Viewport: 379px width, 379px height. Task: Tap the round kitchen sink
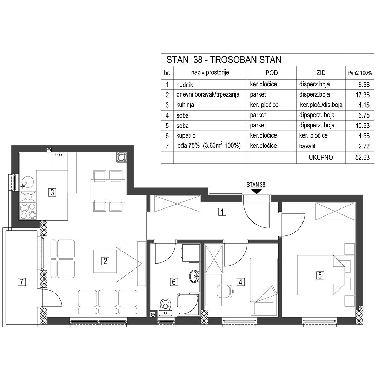pyautogui.click(x=27, y=182)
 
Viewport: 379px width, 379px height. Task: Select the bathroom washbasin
pyautogui.click(x=194, y=276)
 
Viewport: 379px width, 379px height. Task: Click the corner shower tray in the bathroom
pyautogui.click(x=188, y=305)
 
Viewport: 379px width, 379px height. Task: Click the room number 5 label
pyautogui.click(x=320, y=275)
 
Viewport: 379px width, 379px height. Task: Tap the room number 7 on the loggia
pyautogui.click(x=22, y=281)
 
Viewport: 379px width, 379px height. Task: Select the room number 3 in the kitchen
pyautogui.click(x=52, y=192)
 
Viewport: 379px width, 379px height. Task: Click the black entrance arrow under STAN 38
pyautogui.click(x=257, y=191)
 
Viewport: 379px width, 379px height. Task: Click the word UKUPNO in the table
pyautogui.click(x=320, y=158)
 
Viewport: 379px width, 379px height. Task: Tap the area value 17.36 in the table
pyautogui.click(x=362, y=95)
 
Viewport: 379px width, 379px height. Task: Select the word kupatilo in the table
pyautogui.click(x=186, y=135)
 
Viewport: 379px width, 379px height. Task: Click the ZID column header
pyautogui.click(x=320, y=73)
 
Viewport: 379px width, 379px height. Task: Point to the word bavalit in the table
pyautogui.click(x=307, y=146)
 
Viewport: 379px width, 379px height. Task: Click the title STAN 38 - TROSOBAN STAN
pyautogui.click(x=224, y=60)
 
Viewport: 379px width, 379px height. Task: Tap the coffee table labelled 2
pyautogui.click(x=105, y=261)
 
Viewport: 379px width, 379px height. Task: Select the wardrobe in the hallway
pyautogui.click(x=177, y=204)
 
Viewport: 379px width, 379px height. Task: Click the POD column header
pyautogui.click(x=271, y=73)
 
